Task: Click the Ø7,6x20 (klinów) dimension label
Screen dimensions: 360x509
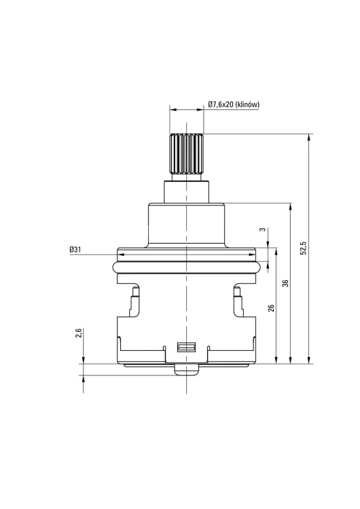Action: coord(234,105)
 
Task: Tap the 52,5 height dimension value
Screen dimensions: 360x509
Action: coord(304,248)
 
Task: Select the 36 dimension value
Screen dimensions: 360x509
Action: coord(285,283)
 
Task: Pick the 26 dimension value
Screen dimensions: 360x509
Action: coord(271,307)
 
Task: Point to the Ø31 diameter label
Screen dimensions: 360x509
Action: coord(75,249)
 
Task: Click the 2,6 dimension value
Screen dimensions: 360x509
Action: coord(78,333)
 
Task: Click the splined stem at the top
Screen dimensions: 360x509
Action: coord(186,154)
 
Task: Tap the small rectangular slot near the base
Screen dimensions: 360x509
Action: coord(187,347)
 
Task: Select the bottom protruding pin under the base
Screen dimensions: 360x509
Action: coord(187,370)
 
